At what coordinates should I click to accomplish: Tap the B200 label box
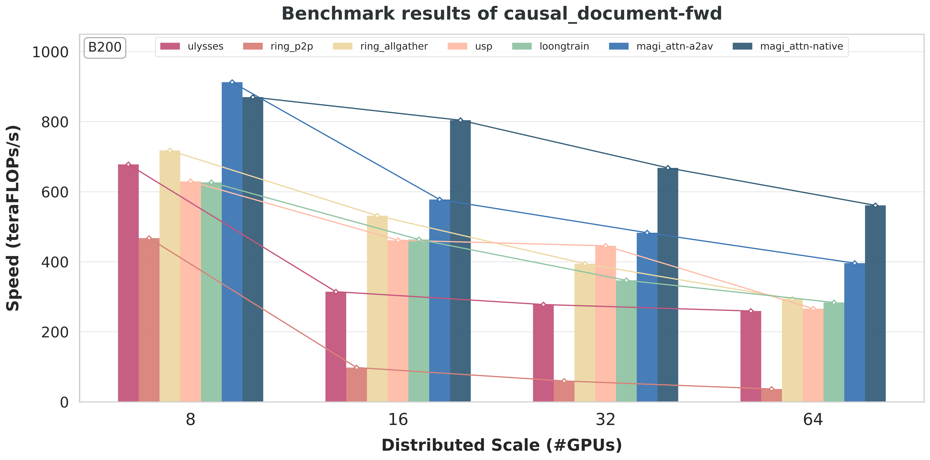click(x=105, y=47)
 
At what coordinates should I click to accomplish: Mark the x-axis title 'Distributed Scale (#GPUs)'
click(x=501, y=445)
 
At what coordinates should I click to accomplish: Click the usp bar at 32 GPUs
click(x=605, y=324)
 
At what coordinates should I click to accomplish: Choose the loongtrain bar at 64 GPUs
click(x=834, y=352)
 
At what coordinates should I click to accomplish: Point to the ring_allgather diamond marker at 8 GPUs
click(x=170, y=150)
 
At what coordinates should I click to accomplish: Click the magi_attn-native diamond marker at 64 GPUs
click(x=875, y=205)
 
